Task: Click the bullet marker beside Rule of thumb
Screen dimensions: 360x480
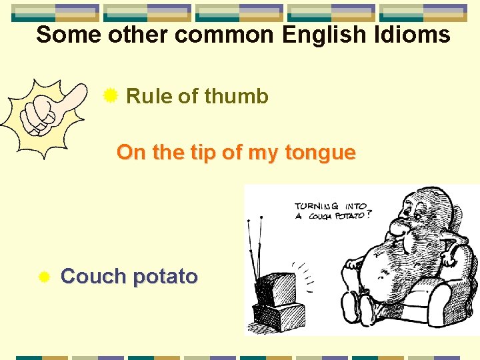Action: point(111,96)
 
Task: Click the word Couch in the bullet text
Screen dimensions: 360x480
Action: point(91,276)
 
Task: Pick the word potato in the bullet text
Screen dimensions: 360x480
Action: point(165,276)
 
